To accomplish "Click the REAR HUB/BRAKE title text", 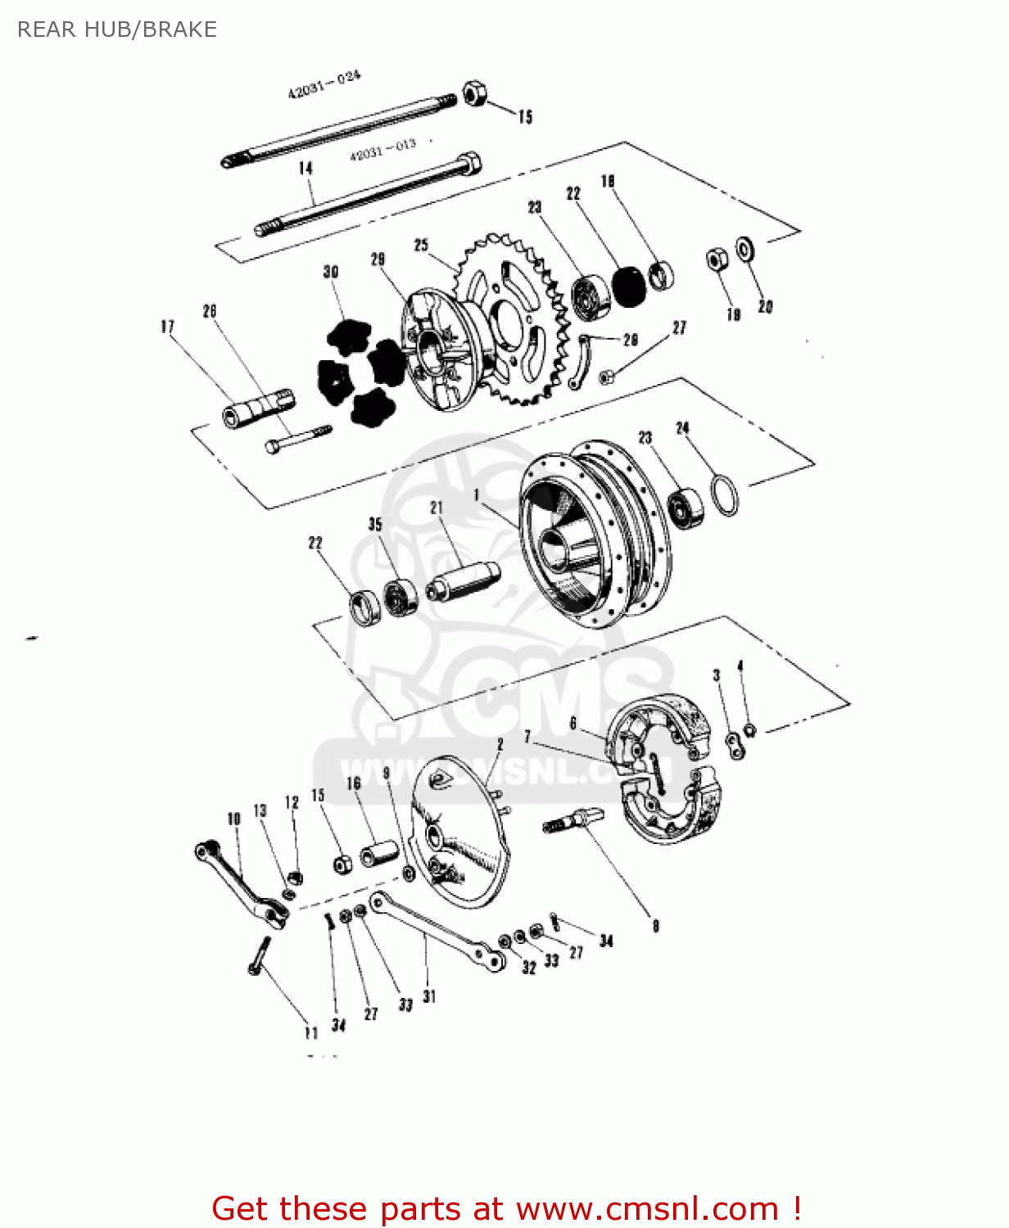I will click(117, 29).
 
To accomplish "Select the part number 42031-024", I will click(324, 85).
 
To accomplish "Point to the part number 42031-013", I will click(382, 150).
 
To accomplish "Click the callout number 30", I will click(331, 272).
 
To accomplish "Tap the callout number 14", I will click(305, 169).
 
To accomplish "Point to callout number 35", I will click(375, 525).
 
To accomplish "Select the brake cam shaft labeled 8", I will click(573, 819).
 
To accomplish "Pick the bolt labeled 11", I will click(259, 955).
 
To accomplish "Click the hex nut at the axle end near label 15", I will click(473, 93).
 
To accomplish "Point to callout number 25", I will click(421, 245).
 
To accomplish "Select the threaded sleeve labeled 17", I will click(257, 408).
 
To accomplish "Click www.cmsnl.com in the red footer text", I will click(647, 1208).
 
